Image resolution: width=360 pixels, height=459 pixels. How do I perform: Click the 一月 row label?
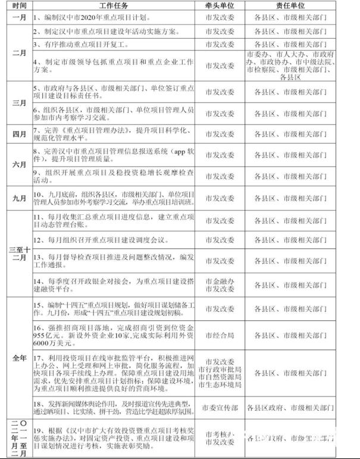click(16, 18)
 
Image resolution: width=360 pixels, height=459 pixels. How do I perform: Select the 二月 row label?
click(16, 53)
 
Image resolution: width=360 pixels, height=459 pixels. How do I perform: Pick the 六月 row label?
click(16, 166)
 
